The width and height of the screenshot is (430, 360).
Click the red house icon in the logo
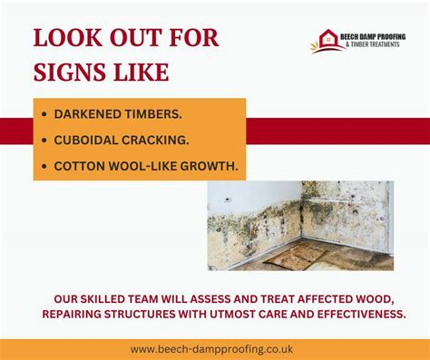(327, 40)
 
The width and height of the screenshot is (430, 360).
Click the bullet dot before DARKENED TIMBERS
(45, 115)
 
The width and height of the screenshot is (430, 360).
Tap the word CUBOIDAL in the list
(86, 141)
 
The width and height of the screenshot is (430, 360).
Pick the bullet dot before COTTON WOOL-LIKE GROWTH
(45, 166)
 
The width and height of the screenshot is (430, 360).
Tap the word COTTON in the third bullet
(80, 166)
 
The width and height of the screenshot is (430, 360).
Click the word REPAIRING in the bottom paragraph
(75, 313)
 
